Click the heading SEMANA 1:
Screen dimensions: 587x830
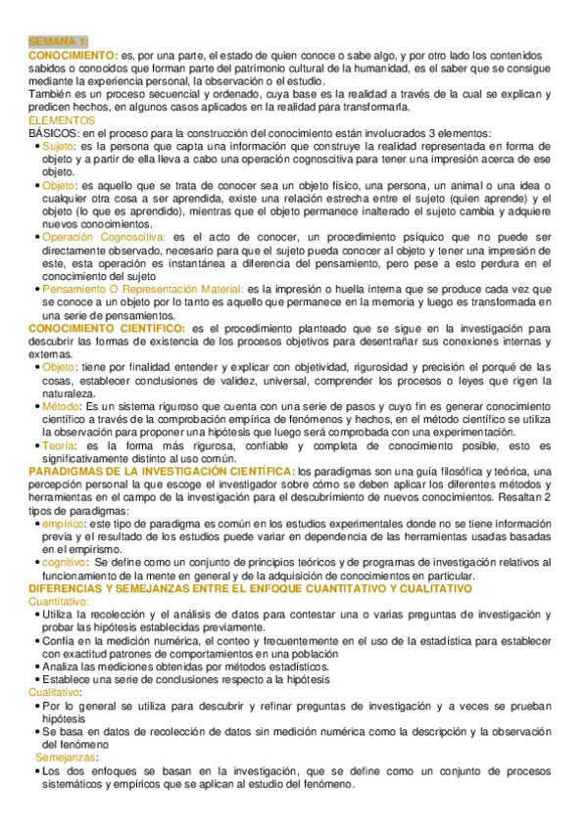pos(58,42)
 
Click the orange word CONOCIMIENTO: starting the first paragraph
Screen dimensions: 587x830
pos(73,57)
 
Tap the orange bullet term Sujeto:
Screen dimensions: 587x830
pos(60,146)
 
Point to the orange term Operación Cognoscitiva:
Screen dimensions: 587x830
pos(103,237)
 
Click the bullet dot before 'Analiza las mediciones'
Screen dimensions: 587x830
pos(36,666)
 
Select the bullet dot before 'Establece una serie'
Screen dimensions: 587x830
pos(36,679)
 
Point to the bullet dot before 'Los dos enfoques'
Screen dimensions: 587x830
pos(36,770)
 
